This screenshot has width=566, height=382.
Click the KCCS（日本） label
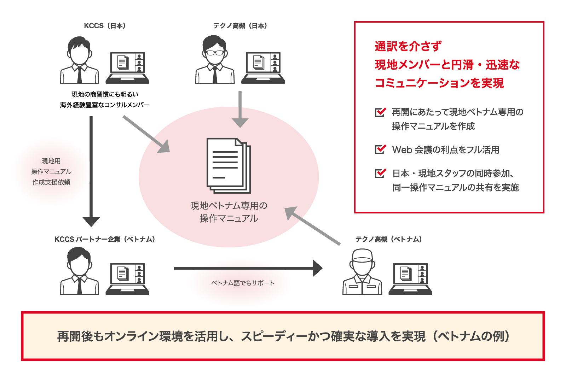click(x=105, y=26)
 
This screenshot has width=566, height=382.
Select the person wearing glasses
click(x=215, y=60)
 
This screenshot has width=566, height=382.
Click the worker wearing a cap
click(x=362, y=272)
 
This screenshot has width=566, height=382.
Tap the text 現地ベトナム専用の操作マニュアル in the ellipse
click(x=229, y=212)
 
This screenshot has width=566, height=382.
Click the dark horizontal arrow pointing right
click(x=248, y=268)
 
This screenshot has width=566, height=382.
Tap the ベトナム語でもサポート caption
click(x=243, y=283)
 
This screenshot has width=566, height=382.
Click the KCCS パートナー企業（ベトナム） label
click(x=105, y=239)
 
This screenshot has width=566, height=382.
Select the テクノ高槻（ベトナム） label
click(x=388, y=239)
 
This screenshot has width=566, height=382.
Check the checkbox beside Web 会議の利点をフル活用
click(x=380, y=149)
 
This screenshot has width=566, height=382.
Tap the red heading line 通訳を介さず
click(x=408, y=46)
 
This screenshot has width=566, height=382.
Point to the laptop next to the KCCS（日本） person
click(x=127, y=67)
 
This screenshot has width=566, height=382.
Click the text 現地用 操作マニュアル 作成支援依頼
click(x=51, y=172)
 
